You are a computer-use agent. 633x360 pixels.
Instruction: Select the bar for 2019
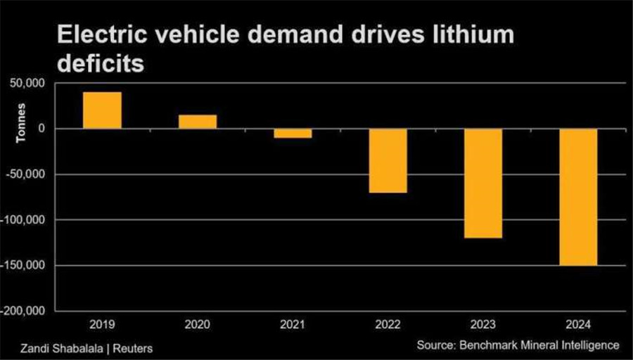click(102, 110)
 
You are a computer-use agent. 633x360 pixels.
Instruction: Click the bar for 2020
click(198, 122)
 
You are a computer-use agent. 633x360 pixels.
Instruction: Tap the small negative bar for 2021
click(293, 133)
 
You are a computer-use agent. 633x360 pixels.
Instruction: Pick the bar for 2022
click(388, 160)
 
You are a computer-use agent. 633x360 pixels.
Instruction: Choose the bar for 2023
click(483, 183)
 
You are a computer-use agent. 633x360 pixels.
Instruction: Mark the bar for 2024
click(578, 197)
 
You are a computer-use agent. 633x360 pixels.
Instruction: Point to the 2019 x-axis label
click(102, 325)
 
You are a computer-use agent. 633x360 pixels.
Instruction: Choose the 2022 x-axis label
click(388, 325)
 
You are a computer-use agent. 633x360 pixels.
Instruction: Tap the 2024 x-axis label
click(578, 325)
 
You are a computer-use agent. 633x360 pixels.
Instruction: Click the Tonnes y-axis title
click(21, 124)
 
